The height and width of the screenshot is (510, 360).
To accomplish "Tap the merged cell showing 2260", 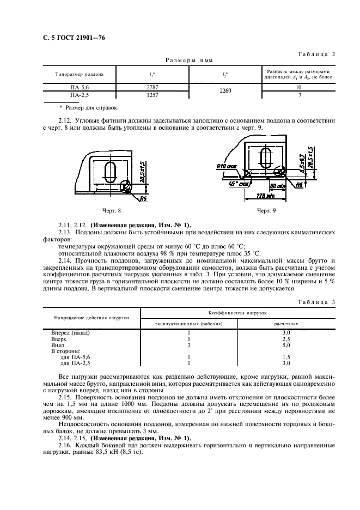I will (224, 91).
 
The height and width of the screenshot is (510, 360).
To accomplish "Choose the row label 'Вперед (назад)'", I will (70, 332).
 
